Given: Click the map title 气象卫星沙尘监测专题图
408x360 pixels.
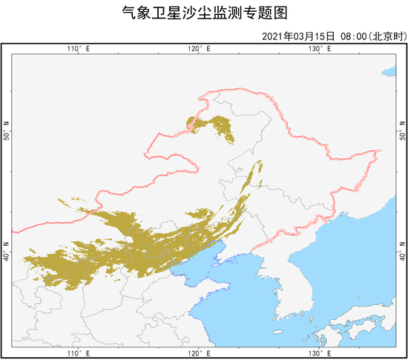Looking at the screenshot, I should click(203, 13).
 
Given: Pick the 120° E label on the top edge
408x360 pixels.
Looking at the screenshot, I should click(198, 49).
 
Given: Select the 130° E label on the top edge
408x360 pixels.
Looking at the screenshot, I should click(319, 49).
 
